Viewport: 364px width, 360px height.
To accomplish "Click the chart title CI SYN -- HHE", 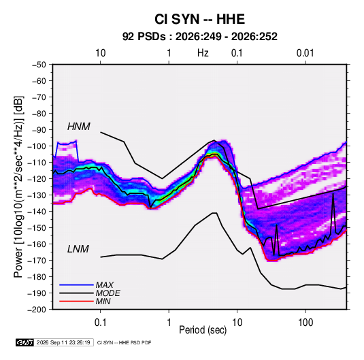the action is [x=199, y=19].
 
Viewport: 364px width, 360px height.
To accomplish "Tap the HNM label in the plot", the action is [x=79, y=127].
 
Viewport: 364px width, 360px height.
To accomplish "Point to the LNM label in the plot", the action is [x=78, y=249].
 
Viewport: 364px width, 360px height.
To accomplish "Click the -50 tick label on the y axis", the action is [x=39, y=65].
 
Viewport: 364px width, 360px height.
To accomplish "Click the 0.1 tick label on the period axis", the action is [x=100, y=322].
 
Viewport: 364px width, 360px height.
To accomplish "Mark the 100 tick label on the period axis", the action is [x=305, y=322].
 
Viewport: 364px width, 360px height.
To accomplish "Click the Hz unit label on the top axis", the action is [x=203, y=53].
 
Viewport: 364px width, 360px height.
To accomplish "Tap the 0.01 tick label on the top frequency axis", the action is [x=305, y=53].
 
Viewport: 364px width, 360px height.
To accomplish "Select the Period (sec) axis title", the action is [x=203, y=330].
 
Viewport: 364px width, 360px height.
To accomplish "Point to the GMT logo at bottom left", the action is [x=24, y=342].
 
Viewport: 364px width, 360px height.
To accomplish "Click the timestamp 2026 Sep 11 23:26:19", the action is [x=63, y=342].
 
